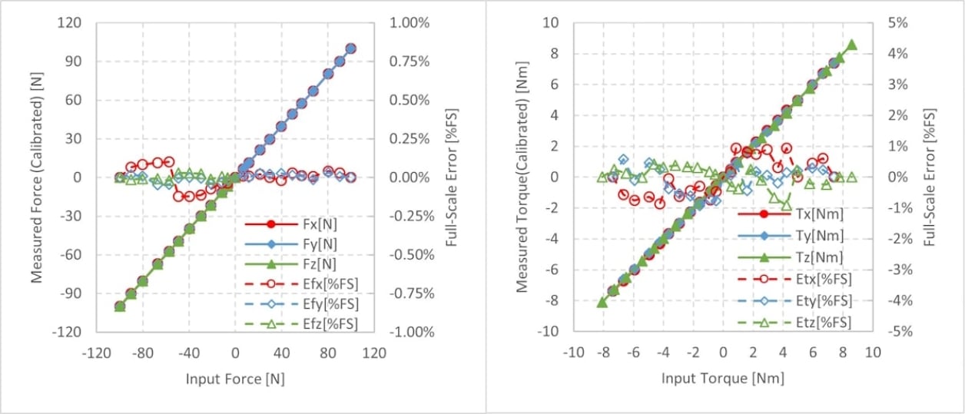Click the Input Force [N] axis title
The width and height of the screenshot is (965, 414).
click(x=234, y=379)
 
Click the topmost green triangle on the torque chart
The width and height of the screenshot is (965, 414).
click(x=851, y=45)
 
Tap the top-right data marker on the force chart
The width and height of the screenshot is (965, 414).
click(x=350, y=48)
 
